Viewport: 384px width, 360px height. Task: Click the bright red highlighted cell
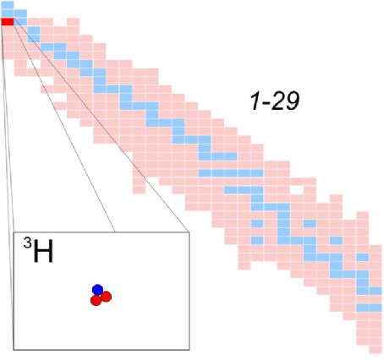8,22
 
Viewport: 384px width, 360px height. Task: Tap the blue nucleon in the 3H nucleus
97,290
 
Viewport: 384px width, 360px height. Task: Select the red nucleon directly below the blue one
96,300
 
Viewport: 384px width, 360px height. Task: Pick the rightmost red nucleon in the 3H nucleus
107,297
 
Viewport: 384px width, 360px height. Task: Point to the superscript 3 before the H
27,243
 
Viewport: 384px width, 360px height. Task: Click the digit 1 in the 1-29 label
255,101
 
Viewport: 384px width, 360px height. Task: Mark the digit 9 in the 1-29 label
292,101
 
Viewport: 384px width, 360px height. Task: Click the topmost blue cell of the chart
8,5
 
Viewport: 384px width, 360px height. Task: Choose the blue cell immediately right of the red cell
20,22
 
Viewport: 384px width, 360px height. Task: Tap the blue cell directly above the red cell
8,14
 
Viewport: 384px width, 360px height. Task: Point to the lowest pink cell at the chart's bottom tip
376,350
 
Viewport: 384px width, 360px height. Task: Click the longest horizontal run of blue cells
231,173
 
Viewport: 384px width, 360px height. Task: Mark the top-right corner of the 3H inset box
189,232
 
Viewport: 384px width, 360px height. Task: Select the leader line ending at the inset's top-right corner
101,126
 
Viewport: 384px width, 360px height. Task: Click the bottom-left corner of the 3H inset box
14,350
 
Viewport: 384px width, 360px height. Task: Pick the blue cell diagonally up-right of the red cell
20,14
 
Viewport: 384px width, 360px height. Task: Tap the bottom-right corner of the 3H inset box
189,350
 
